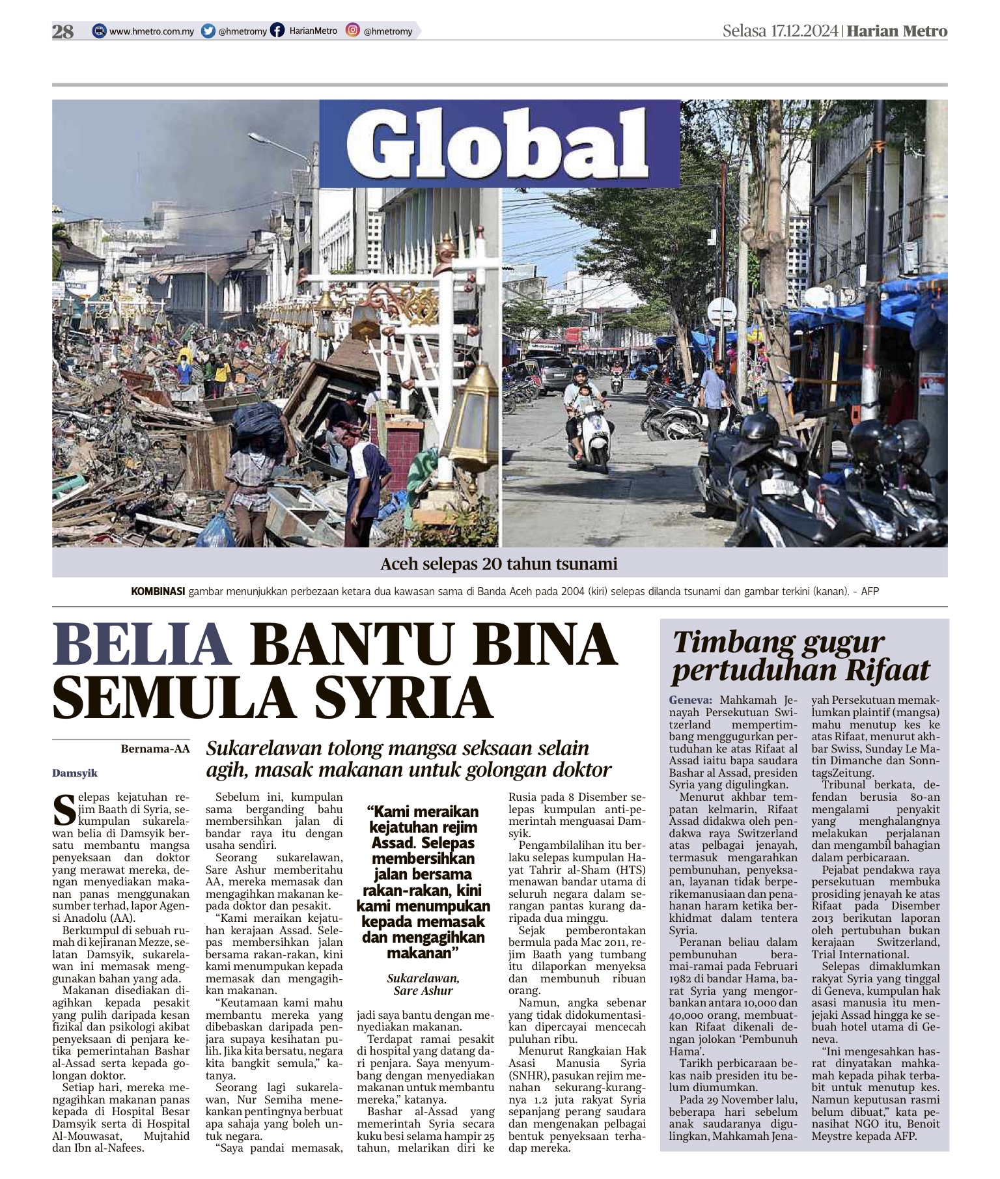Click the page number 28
[x=63, y=31]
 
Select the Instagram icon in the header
[x=353, y=30]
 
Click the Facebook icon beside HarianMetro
[x=277, y=31]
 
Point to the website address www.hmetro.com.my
[x=151, y=31]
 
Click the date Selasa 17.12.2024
[x=780, y=31]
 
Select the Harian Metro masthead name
[x=898, y=31]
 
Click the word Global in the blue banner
[x=499, y=143]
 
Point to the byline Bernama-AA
[x=155, y=749]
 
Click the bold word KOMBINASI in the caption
[x=158, y=591]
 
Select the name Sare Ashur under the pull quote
[x=423, y=990]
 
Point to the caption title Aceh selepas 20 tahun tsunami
[x=499, y=564]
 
